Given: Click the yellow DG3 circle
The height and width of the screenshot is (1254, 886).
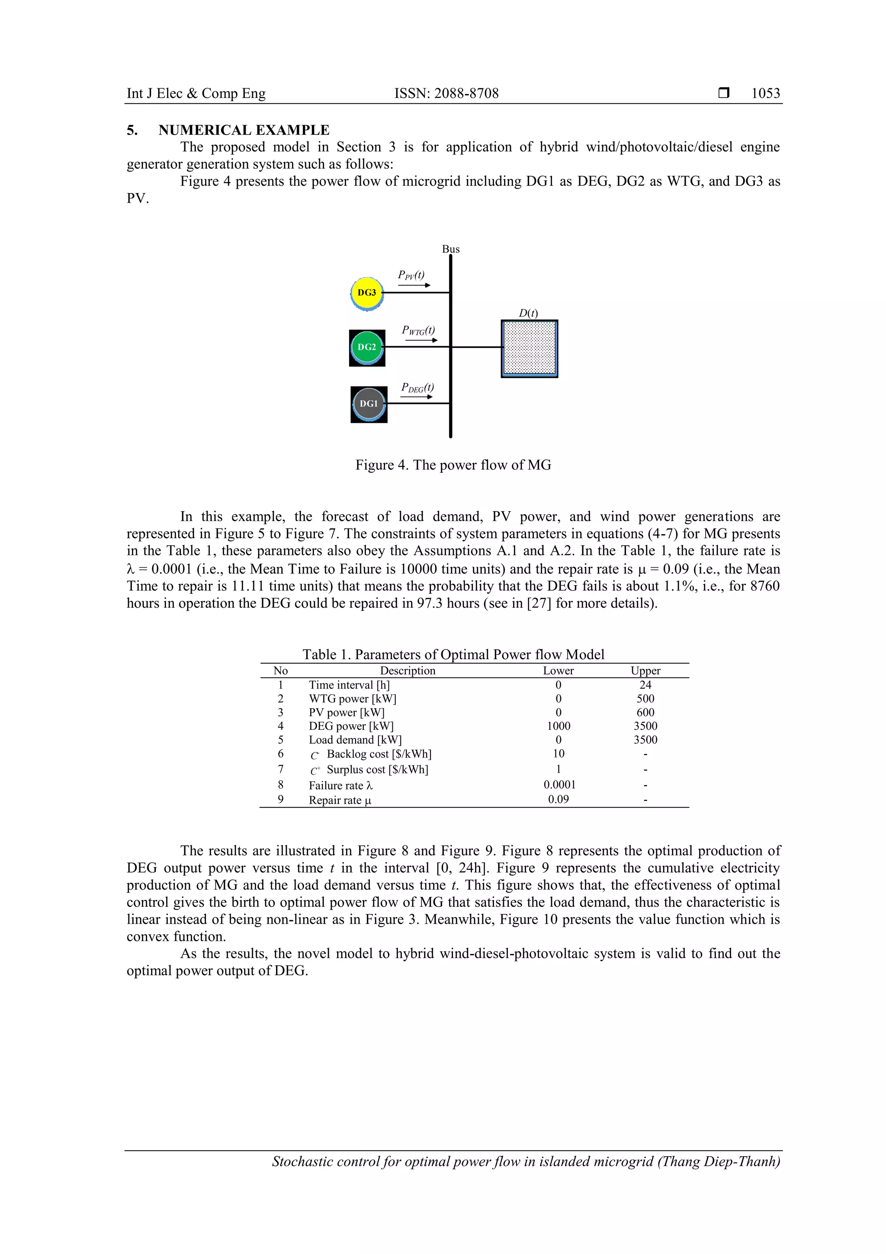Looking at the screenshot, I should click(x=367, y=293).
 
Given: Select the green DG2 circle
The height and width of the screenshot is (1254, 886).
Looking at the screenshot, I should click(x=367, y=347).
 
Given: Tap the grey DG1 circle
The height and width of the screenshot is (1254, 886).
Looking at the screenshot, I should click(x=369, y=404).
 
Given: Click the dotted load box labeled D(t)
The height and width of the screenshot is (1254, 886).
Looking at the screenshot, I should click(x=529, y=348).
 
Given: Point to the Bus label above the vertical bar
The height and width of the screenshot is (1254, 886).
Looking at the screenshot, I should click(x=451, y=249).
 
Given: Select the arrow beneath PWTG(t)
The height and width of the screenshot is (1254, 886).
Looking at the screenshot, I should click(x=421, y=340).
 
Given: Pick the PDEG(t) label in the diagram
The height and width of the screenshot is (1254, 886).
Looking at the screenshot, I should click(x=417, y=387).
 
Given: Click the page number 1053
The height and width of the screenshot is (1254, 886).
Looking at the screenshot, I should click(x=765, y=93).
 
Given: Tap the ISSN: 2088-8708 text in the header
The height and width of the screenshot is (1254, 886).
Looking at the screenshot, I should click(x=446, y=93).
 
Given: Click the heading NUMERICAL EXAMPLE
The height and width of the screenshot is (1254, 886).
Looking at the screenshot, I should click(x=244, y=130).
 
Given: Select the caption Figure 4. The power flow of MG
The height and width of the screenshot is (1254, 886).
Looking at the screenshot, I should click(x=453, y=465).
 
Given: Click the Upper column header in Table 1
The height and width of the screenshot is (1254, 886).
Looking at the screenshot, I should click(x=645, y=671).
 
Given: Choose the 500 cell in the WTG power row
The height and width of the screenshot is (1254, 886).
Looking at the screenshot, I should click(x=645, y=699).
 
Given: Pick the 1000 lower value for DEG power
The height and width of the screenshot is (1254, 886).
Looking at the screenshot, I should click(x=559, y=726).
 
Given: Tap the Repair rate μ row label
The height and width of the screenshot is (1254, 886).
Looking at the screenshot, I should click(x=340, y=800).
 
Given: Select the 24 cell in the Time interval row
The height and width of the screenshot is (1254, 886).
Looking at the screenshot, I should click(x=645, y=685).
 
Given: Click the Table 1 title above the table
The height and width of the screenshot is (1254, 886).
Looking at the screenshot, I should click(x=453, y=654).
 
